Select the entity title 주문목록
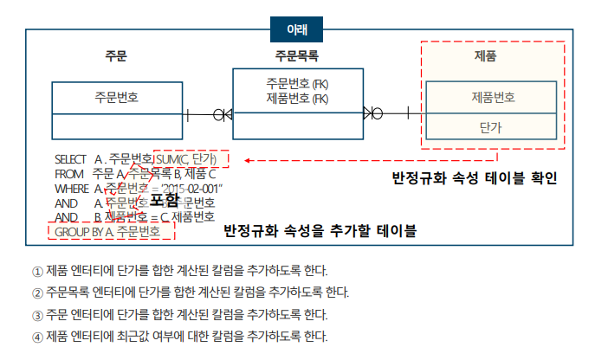tap(297, 57)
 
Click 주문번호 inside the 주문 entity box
tap(117, 98)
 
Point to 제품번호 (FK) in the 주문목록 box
tap(297, 98)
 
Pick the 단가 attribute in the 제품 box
tap(490, 127)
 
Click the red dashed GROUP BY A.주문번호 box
tap(111, 232)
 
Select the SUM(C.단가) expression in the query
tap(191, 159)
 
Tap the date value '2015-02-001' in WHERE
tap(195, 188)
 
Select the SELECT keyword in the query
tap(70, 159)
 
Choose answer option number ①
tap(36, 271)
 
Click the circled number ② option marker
tap(36, 292)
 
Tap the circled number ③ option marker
tap(36, 314)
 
